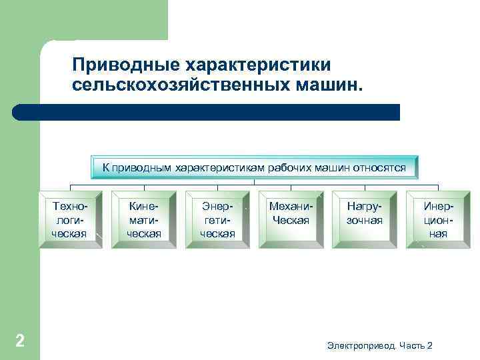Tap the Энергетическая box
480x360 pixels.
click(217, 220)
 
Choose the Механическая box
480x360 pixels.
click(291, 220)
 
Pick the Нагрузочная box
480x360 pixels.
click(365, 220)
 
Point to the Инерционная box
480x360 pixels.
click(438, 220)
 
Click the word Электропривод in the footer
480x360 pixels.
click(361, 345)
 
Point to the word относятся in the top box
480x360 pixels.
click(383, 167)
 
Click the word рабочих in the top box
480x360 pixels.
click(289, 167)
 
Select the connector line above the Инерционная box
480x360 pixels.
click(438, 188)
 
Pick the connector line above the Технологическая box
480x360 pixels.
click(71, 188)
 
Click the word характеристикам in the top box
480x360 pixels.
click(219, 167)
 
